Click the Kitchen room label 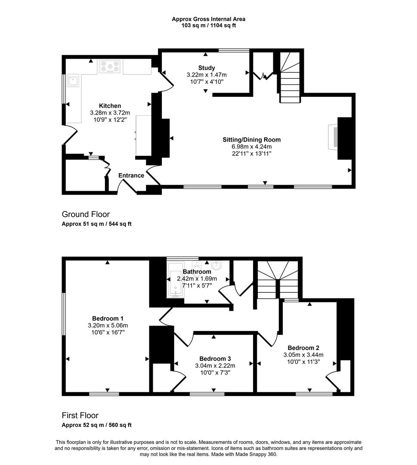coord(110,106)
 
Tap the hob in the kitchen coord(110,67)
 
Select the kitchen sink coord(73,80)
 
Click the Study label coord(207,68)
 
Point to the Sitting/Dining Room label coord(252,139)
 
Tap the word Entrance coord(131,176)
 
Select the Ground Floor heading coord(86,214)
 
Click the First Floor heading coord(80,415)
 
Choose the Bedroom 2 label coord(303,348)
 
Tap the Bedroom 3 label coord(215,359)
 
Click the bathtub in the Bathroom coord(176,280)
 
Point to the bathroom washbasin coord(217,266)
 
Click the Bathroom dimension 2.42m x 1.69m coord(197,279)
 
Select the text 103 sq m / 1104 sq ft coord(209,25)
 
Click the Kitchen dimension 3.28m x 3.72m coord(110,113)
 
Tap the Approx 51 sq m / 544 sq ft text coord(97,224)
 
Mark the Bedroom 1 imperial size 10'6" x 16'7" coord(108,332)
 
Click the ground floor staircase coord(290,77)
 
